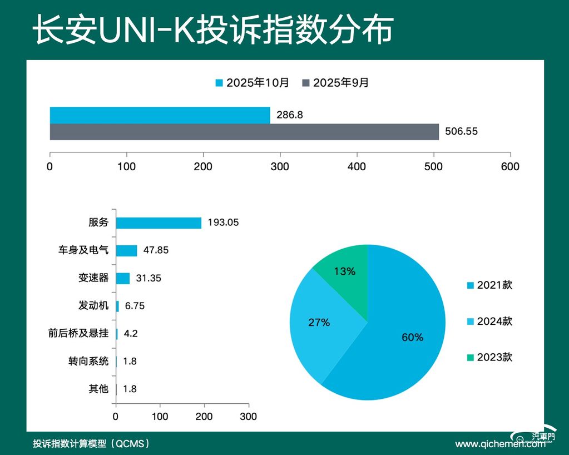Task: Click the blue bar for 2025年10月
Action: (160, 115)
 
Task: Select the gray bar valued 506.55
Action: (244, 132)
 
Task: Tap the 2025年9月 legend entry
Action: (335, 83)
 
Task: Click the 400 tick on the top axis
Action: (357, 166)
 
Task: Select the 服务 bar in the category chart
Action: (159, 222)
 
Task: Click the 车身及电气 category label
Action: (83, 250)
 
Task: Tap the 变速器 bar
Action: (122, 278)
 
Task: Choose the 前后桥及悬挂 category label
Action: (78, 334)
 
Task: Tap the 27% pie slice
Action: (320, 323)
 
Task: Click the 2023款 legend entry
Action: (489, 357)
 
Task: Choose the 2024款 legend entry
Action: (489, 321)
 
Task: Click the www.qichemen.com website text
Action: (499, 444)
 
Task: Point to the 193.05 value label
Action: (223, 222)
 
